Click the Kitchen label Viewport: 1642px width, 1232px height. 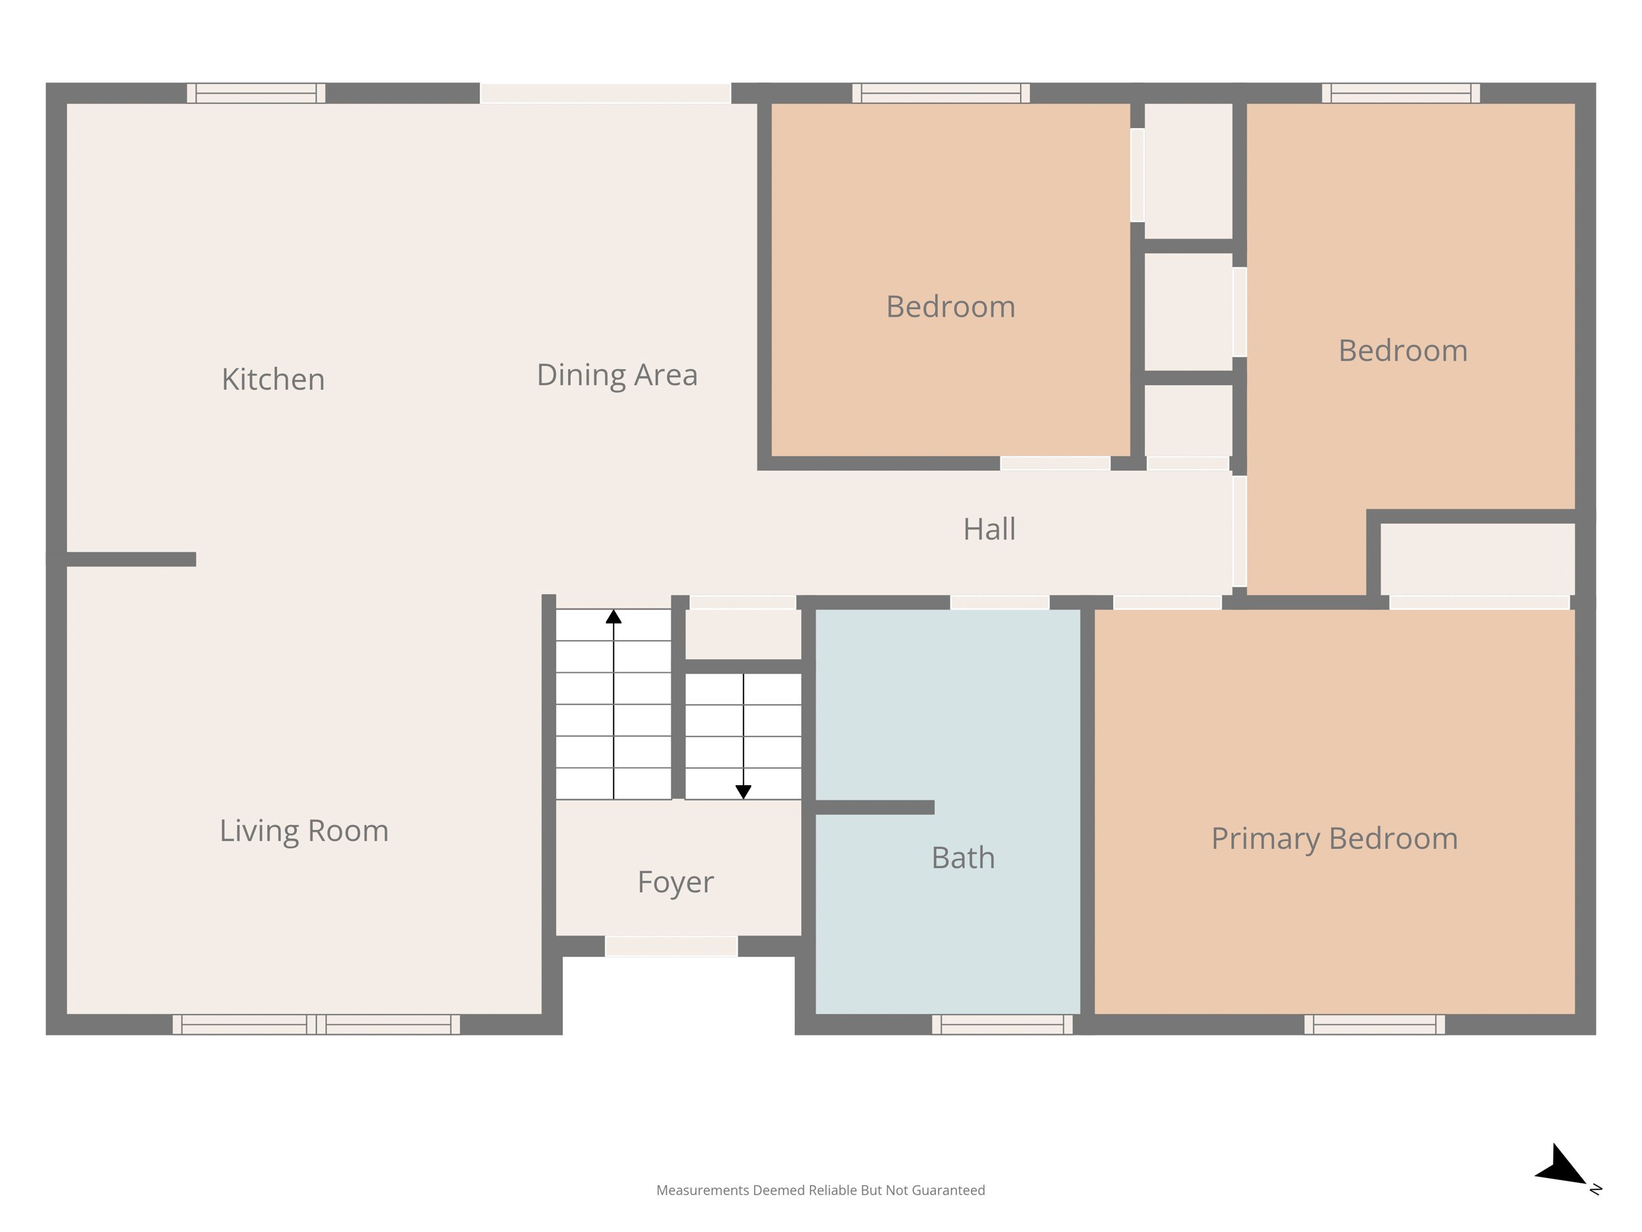click(x=273, y=380)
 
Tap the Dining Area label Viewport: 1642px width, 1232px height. click(x=617, y=375)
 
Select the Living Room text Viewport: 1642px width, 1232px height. click(x=303, y=831)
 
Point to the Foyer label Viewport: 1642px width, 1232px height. click(x=675, y=882)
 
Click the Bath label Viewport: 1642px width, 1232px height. click(x=963, y=857)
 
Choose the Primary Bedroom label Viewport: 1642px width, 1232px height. click(x=1335, y=839)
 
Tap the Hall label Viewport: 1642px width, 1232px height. click(x=988, y=530)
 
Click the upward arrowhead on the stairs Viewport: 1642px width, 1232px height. click(x=613, y=616)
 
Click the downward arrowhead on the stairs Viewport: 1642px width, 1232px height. click(x=743, y=792)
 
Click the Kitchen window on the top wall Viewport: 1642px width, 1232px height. click(x=256, y=93)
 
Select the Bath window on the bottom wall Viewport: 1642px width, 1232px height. click(x=1002, y=1024)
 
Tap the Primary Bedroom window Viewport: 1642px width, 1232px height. click(x=1375, y=1024)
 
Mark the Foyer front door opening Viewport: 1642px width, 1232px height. click(x=671, y=946)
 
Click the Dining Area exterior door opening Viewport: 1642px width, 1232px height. click(x=606, y=93)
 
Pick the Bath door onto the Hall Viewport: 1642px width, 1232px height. click(x=1000, y=603)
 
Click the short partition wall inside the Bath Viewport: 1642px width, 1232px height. click(x=874, y=808)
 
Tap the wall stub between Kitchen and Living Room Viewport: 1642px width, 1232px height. click(x=131, y=559)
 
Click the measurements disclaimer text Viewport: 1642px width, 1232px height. click(x=820, y=1191)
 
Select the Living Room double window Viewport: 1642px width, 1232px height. click(x=316, y=1024)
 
